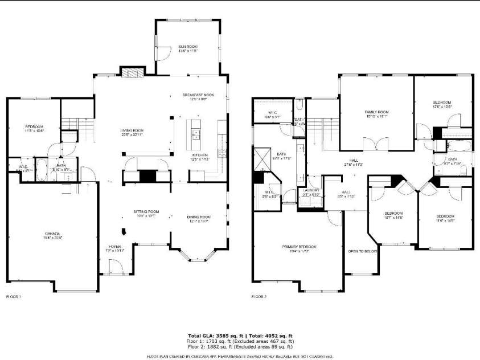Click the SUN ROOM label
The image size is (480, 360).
(187, 46)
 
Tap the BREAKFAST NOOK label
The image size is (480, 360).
(198, 95)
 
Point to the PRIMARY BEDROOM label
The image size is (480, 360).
(299, 246)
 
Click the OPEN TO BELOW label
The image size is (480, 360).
(362, 251)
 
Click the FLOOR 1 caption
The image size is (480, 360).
(13, 297)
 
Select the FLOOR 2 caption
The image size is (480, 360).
(259, 297)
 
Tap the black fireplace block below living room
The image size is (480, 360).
(147, 177)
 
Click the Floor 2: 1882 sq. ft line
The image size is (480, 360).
(240, 346)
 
